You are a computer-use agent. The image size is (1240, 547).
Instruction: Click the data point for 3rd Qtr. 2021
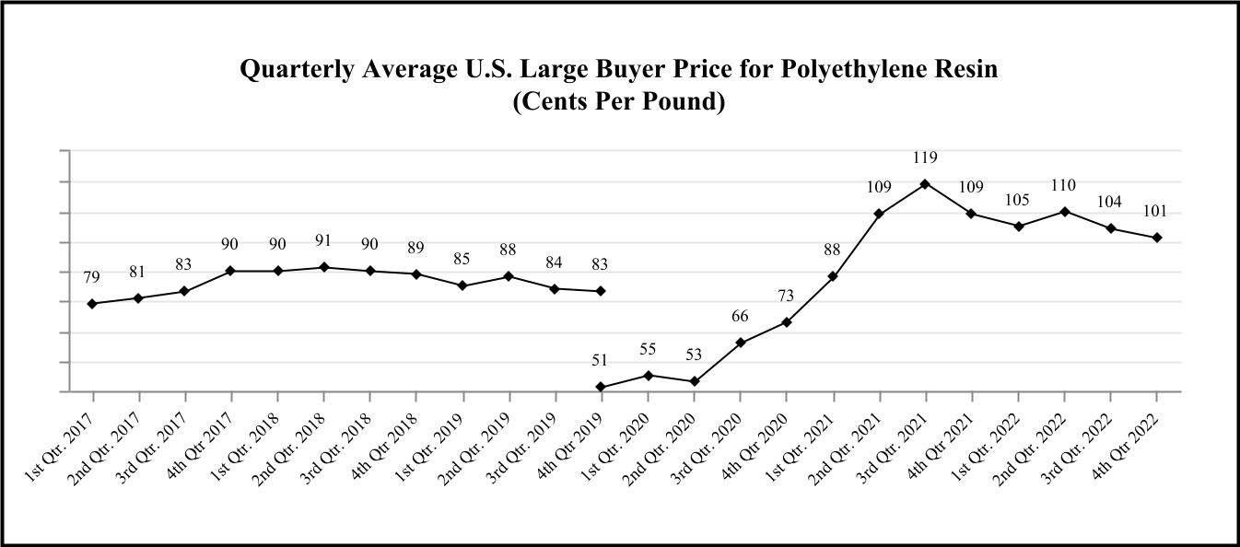926,183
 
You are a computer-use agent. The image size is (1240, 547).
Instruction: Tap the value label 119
926,158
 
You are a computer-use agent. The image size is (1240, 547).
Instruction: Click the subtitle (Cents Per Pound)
619,100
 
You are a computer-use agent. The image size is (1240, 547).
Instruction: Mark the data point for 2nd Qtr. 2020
695,381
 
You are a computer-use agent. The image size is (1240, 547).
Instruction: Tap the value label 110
1065,186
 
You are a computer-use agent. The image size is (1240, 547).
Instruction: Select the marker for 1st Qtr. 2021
834,276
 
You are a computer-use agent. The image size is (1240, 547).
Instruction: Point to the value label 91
323,242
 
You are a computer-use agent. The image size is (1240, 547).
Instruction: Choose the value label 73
787,296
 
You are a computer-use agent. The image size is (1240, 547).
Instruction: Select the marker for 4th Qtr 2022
1157,238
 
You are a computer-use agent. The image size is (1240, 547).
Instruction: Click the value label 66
741,317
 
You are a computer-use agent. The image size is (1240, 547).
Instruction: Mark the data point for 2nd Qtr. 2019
509,276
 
